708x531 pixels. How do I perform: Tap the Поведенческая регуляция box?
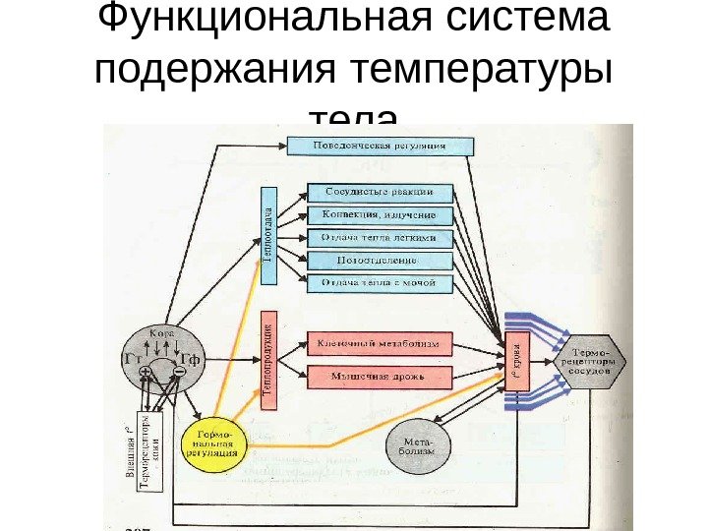pos(380,146)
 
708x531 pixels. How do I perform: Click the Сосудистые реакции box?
pos(381,192)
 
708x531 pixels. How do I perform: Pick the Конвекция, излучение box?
pos(381,214)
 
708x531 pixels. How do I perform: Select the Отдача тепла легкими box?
pos(381,238)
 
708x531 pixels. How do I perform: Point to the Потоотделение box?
pos(381,261)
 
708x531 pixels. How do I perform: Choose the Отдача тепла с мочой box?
pos(381,283)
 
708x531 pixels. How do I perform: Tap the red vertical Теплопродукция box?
pos(268,360)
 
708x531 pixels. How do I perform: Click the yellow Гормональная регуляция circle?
pos(214,445)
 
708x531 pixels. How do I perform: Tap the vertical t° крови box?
pos(516,360)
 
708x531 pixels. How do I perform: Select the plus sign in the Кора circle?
pos(146,373)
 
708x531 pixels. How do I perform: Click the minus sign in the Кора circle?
pos(178,373)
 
